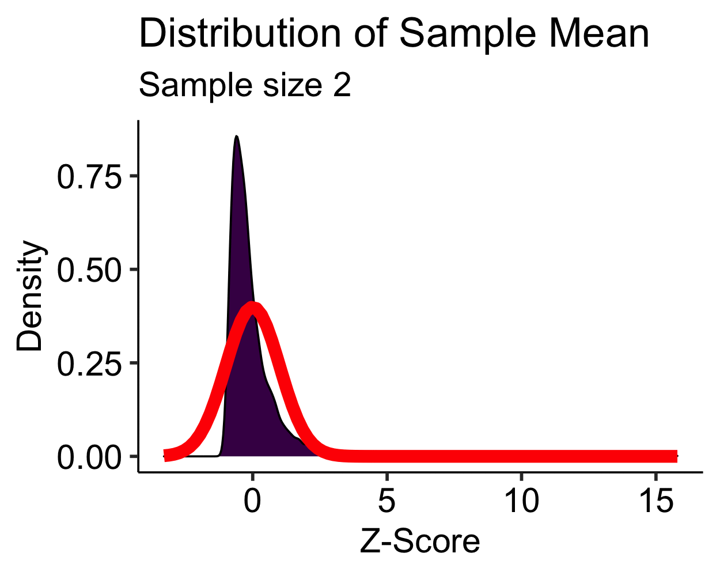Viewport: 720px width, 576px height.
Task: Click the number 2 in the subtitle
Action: [x=342, y=86]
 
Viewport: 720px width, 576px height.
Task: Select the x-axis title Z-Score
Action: [x=419, y=541]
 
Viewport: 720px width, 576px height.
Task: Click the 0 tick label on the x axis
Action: [x=252, y=501]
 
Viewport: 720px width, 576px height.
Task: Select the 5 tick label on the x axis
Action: [x=387, y=501]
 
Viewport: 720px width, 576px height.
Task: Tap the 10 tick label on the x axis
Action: [x=521, y=501]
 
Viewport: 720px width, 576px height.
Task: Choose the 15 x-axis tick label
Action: [x=656, y=501]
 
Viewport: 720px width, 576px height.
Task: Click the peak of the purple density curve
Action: [x=236, y=137]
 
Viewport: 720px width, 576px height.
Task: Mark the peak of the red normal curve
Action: [x=252, y=305]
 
